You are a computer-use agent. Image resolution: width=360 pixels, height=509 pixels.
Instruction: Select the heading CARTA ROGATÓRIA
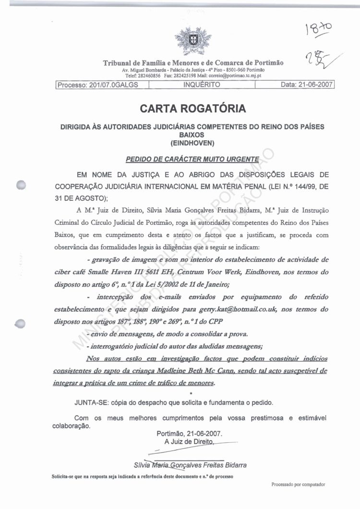point(192,109)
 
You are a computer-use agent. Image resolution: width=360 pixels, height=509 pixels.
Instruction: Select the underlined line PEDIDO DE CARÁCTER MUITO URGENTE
point(192,158)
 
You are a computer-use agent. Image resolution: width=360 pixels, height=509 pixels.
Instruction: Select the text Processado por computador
point(298,485)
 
